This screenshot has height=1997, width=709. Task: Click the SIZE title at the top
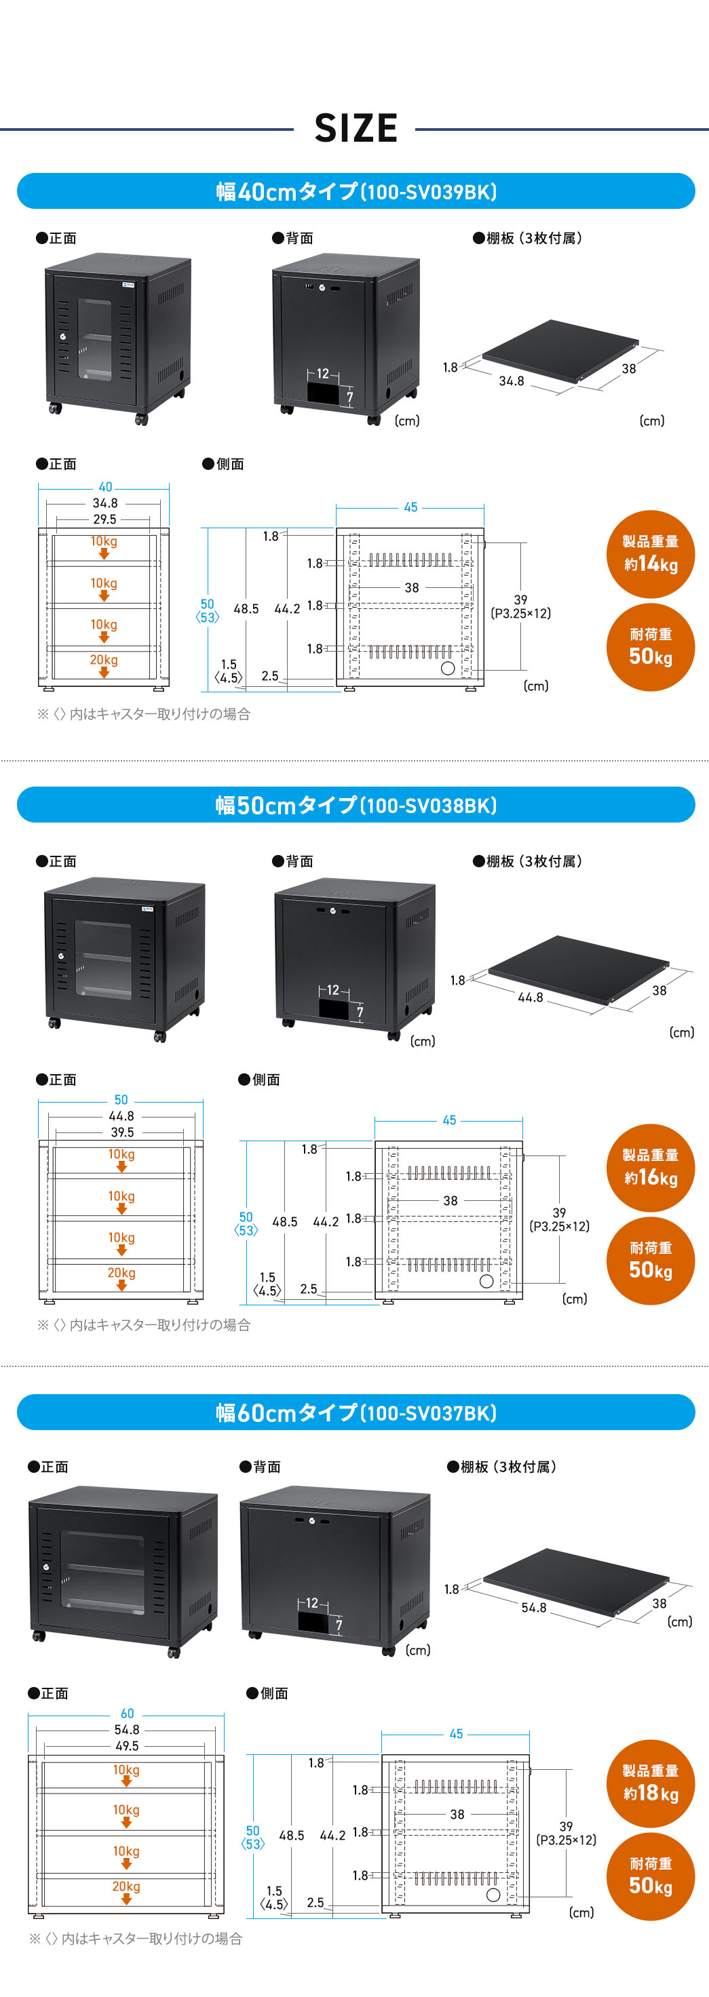356,129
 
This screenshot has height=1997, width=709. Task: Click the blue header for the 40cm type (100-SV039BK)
356,191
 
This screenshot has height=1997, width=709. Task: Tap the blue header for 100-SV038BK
356,805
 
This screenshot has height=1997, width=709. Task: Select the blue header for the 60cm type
356,1412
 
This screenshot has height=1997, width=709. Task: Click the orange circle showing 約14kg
650,553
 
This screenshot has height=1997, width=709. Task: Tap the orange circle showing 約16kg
650,1168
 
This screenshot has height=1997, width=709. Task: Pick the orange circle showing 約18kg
650,1782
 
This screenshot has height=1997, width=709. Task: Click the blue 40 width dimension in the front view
105,487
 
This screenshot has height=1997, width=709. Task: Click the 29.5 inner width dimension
104,519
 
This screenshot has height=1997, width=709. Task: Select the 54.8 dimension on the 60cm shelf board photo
534,1607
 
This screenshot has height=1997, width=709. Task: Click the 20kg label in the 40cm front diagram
104,660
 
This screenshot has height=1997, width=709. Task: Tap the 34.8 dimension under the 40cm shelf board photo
511,380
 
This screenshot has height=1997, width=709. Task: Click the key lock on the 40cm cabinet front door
64,336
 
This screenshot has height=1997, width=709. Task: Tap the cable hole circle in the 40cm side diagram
448,668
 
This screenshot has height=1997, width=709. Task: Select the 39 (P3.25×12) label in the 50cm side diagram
559,1219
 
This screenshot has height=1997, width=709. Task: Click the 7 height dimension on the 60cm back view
339,1625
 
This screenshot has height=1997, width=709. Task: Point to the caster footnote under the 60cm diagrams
136,1938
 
